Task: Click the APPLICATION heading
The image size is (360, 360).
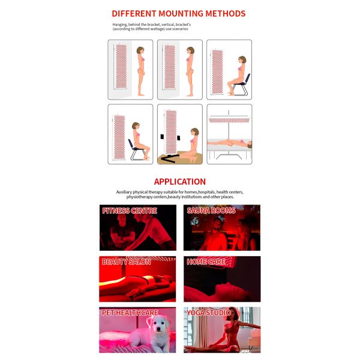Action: [x=180, y=181]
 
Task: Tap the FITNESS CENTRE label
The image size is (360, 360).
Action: [x=130, y=211]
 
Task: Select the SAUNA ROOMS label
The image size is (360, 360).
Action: [x=211, y=211]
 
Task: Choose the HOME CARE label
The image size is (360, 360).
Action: [x=206, y=262]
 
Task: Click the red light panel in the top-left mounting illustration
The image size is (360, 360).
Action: [x=122, y=70]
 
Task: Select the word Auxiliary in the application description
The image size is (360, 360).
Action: [x=127, y=192]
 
